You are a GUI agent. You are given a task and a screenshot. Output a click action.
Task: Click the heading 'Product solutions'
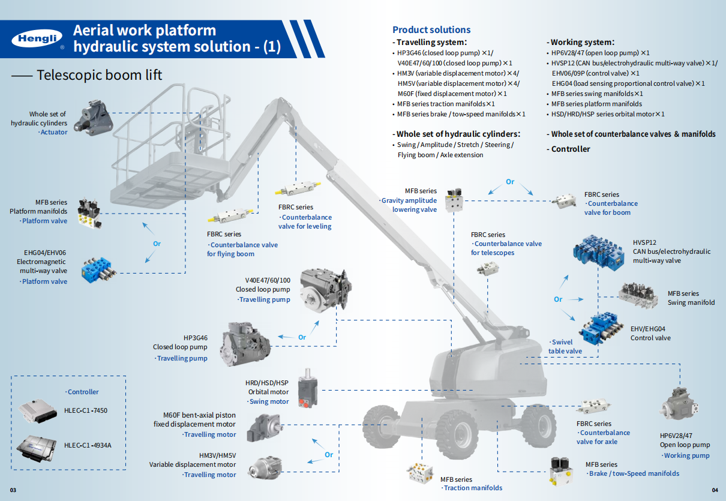[431, 29]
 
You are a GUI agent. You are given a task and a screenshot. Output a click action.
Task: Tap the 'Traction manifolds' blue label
[472, 488]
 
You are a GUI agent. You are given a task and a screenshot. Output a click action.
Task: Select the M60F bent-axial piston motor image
[262, 427]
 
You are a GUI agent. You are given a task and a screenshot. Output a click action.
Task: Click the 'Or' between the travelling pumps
[302, 337]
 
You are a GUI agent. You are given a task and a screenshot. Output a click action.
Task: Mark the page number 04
[714, 490]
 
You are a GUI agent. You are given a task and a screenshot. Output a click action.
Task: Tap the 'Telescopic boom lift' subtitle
[99, 75]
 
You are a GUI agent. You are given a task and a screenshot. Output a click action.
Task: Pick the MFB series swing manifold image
[640, 296]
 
